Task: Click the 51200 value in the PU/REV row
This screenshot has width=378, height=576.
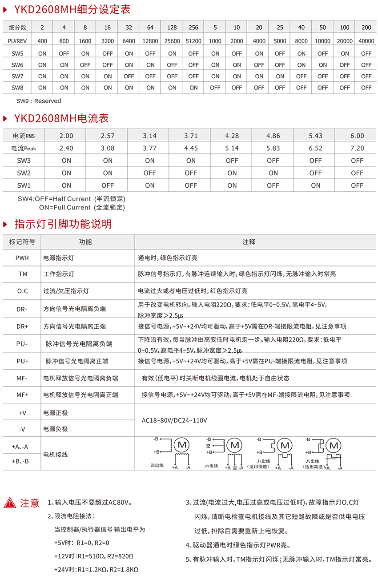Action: tap(193, 41)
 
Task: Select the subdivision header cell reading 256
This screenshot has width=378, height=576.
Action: tap(193, 28)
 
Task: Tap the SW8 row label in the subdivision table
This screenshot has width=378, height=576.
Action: tap(17, 88)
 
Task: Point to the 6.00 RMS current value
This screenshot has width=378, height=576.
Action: tap(357, 136)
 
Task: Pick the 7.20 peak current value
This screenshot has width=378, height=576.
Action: tap(357, 148)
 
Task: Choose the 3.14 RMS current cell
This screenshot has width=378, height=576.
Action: tap(149, 136)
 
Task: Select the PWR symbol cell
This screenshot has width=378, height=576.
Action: tap(22, 258)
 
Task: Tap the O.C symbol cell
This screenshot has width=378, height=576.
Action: tap(22, 291)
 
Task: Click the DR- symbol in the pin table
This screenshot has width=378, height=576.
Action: tap(22, 309)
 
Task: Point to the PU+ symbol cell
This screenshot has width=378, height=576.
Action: tap(22, 361)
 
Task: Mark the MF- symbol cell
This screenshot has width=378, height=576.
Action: tap(22, 378)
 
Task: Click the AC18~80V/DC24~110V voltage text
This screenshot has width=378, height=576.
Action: tap(174, 420)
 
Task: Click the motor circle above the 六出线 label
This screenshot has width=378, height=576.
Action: tap(235, 445)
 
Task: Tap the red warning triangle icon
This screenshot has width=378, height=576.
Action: tap(10, 503)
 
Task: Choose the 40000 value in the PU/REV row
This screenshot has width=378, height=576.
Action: tap(366, 41)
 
